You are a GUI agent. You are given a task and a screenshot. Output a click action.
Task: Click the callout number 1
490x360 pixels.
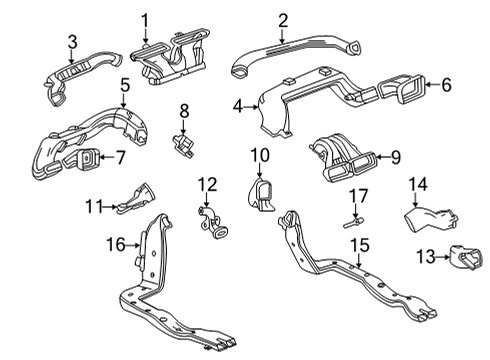coord(144,19)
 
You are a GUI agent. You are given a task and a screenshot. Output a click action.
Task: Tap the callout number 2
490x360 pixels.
coord(283,19)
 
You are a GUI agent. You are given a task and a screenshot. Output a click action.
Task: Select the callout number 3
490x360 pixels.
coord(72,41)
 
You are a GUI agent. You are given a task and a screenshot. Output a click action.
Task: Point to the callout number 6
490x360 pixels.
coord(446,86)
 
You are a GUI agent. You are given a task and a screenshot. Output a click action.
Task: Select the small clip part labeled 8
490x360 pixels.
coord(184,143)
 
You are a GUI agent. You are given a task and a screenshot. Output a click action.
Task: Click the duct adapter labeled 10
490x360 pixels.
coord(263,194)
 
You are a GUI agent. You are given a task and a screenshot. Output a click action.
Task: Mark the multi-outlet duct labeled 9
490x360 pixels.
coord(346,158)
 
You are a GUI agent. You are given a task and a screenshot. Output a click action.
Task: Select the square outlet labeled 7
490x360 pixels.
coord(90,158)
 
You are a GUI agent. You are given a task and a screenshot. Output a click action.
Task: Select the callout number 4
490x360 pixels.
coord(238,104)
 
